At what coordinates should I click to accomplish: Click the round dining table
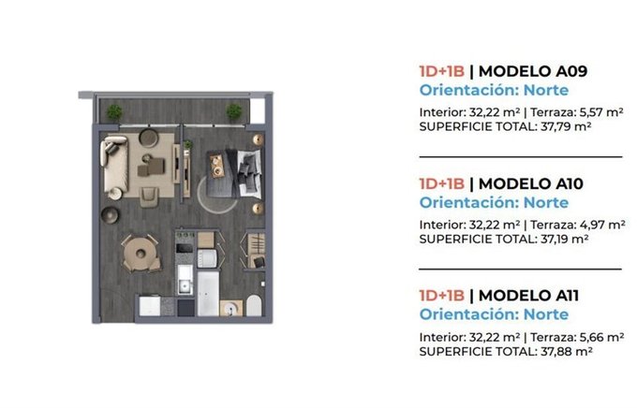(141, 254)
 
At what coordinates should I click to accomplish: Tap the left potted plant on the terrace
(114, 111)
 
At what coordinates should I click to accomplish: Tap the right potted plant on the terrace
(234, 111)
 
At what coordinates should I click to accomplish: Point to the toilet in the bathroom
(254, 306)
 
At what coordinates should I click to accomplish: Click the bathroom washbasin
(230, 308)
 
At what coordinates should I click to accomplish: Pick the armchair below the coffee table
(148, 197)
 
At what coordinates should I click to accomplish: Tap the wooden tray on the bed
(216, 167)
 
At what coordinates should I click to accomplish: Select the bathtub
(208, 294)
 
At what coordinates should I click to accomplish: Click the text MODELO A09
(533, 71)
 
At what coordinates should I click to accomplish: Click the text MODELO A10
(531, 184)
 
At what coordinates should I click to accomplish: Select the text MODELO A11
(528, 296)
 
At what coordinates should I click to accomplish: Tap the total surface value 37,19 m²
(564, 240)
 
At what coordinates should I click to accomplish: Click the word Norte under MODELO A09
(546, 90)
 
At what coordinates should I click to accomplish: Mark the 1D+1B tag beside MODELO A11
(441, 296)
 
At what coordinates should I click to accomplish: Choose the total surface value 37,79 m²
(566, 126)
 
